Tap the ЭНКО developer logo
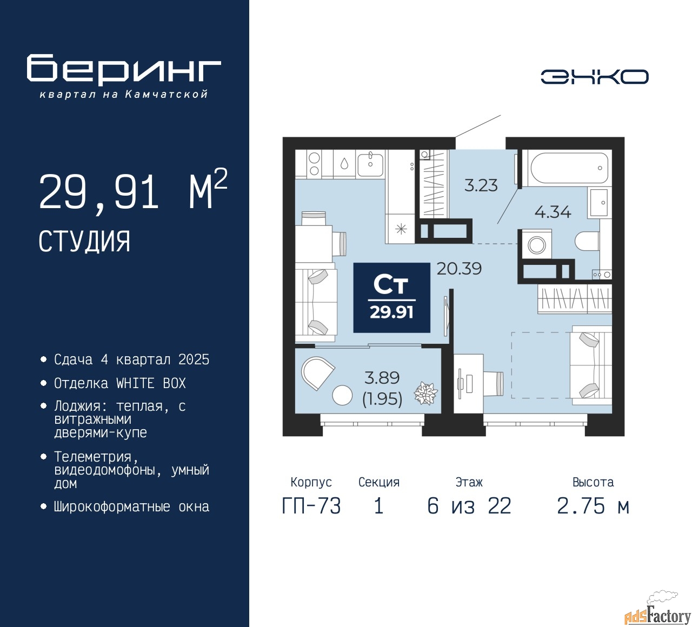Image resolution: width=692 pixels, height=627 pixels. coord(594,77)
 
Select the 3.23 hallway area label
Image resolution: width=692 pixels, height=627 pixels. coord(481,185)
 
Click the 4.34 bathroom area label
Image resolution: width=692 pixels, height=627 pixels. coord(553,212)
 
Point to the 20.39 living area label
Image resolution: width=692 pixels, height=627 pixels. coord(459,269)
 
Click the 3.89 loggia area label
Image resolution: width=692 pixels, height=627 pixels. coord(382,378)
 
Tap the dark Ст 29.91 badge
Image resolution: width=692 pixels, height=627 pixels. coord(391,298)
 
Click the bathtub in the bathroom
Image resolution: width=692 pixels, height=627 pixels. coord(569,168)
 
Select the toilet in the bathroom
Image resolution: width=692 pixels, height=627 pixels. coord(587,241)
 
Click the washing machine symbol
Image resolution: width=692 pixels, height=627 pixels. coord(536,245)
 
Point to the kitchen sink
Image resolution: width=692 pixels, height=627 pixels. coord(370,165)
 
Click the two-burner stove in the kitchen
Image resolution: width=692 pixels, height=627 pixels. coord(314,164)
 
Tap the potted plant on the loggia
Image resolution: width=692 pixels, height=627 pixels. coord(425,393)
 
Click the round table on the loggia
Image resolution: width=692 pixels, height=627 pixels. coord(342,395)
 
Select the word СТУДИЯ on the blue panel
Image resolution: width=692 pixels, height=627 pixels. coord(84,242)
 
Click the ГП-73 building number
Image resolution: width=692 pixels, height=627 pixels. coord(311,506)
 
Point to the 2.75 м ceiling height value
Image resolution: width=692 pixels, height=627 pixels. coord(593,506)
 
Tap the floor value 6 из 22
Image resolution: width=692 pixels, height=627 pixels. coord(469,506)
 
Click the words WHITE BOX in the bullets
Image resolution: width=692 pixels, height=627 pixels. coord(151,383)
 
